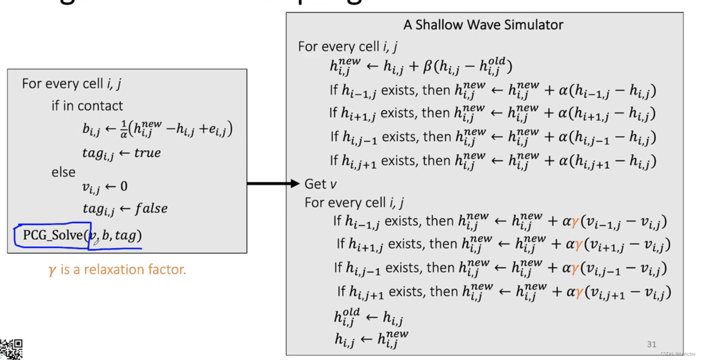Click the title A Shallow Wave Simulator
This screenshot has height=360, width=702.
pos(483,25)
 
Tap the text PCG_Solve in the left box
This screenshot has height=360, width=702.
pos(53,235)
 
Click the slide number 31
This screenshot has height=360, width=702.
pos(651,344)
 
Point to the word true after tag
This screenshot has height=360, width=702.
pos(147,153)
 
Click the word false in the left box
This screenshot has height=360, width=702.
pos(151,208)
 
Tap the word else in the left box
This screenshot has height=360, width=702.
pos(63,172)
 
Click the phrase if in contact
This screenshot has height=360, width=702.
pos(87,106)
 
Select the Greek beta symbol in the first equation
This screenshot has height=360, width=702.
pos(427,67)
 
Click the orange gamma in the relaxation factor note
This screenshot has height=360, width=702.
pos(52,270)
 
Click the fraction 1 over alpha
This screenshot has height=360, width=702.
pos(124,129)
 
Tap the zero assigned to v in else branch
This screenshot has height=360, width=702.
pos(124,186)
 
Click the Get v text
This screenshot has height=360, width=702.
pos(320,184)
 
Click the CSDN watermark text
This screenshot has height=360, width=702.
pos(678,354)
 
